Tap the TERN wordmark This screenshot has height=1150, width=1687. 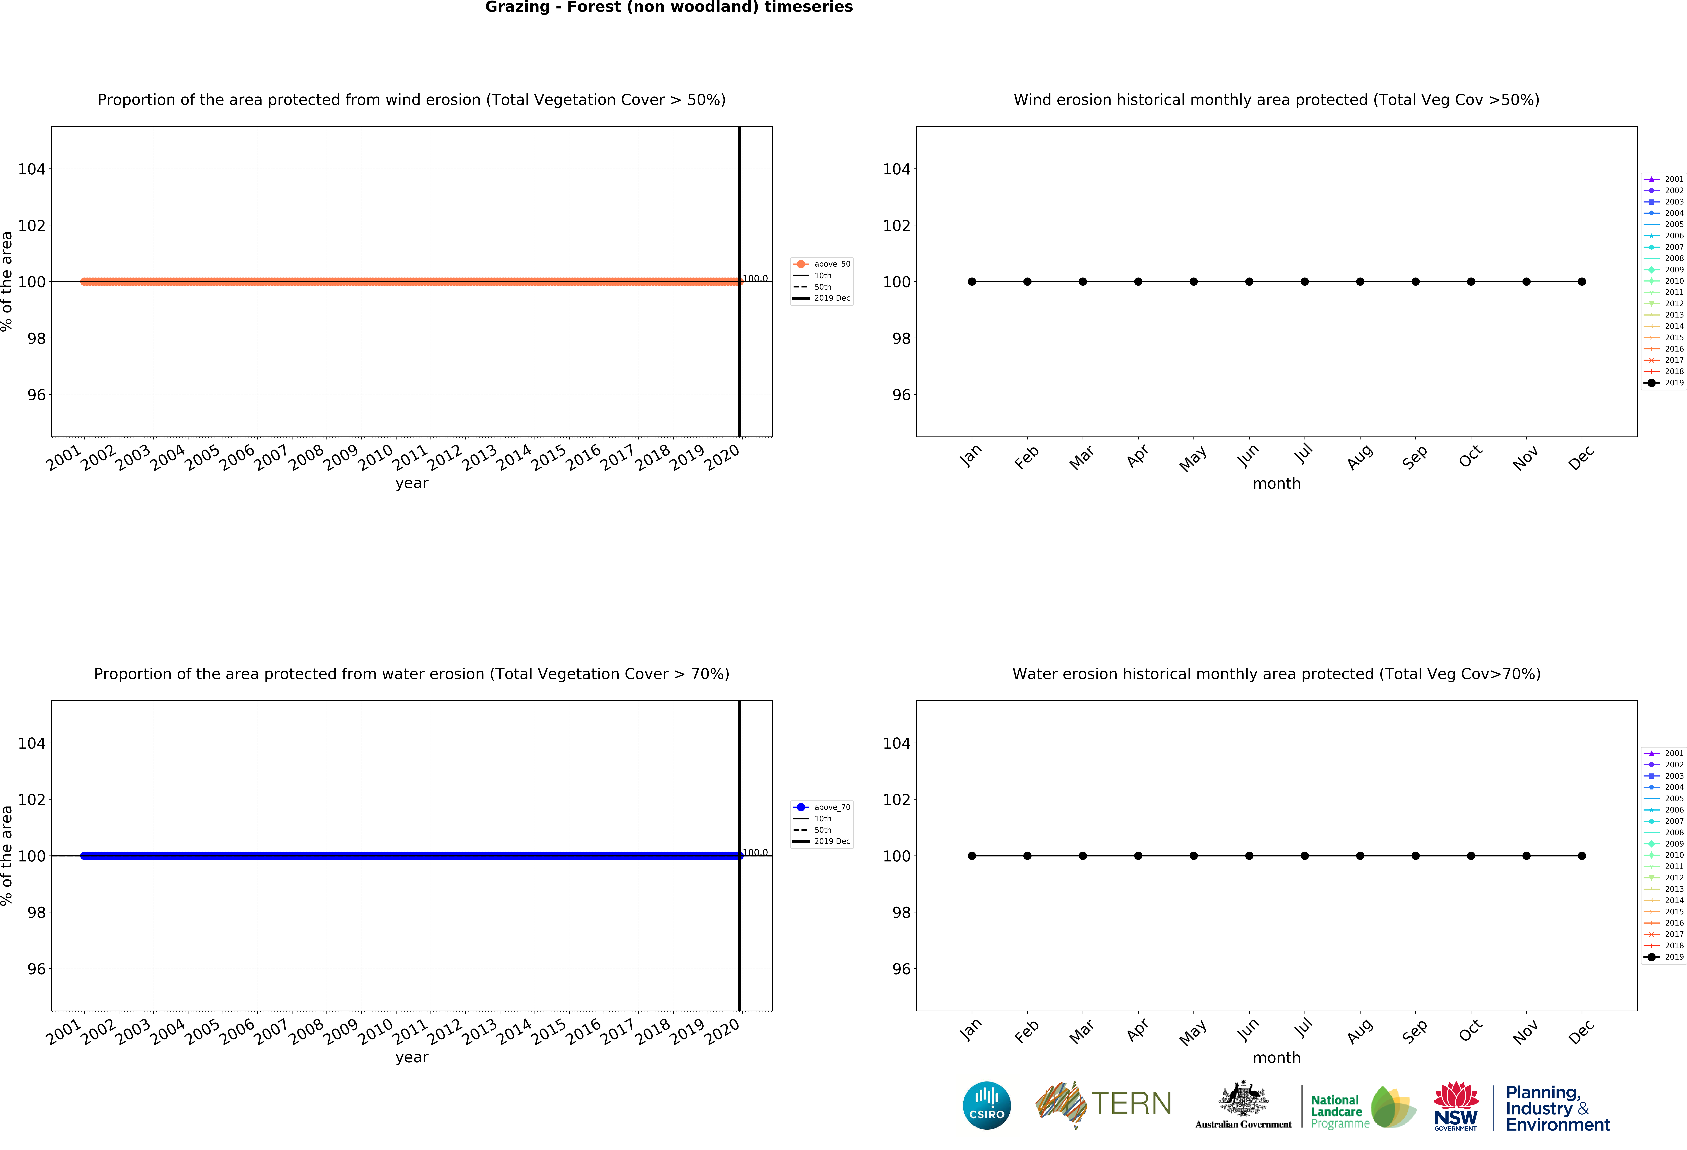point(1131,1104)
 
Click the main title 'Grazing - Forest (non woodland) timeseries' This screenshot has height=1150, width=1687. point(669,7)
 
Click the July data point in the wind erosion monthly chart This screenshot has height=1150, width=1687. point(1305,282)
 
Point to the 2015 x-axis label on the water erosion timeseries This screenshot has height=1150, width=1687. point(549,1032)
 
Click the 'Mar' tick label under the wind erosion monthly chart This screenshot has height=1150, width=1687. point(1082,457)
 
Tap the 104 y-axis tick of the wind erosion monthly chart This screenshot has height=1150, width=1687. point(897,169)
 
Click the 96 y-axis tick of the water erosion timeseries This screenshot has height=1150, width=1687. point(36,969)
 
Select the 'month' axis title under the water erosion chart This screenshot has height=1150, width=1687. point(1276,1058)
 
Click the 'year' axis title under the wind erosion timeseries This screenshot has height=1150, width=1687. point(412,483)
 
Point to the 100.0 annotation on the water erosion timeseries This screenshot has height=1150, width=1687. point(755,852)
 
